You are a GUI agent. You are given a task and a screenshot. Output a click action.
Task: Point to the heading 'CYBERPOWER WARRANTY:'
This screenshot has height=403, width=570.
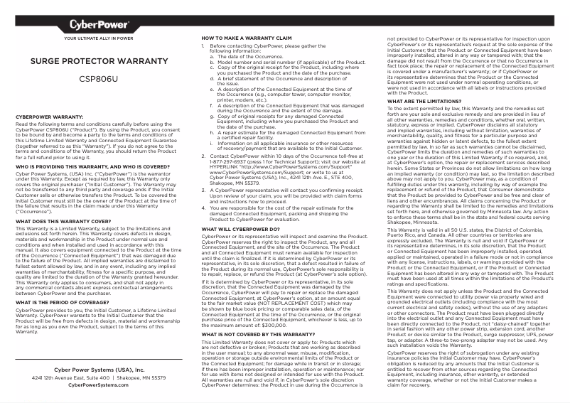pyautogui.click(x=50, y=116)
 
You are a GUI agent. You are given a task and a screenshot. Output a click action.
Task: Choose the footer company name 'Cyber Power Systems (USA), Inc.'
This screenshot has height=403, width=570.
pyautogui.click(x=99, y=370)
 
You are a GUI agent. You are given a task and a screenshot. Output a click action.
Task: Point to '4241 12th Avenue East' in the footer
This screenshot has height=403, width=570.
pyautogui.click(x=65, y=378)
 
